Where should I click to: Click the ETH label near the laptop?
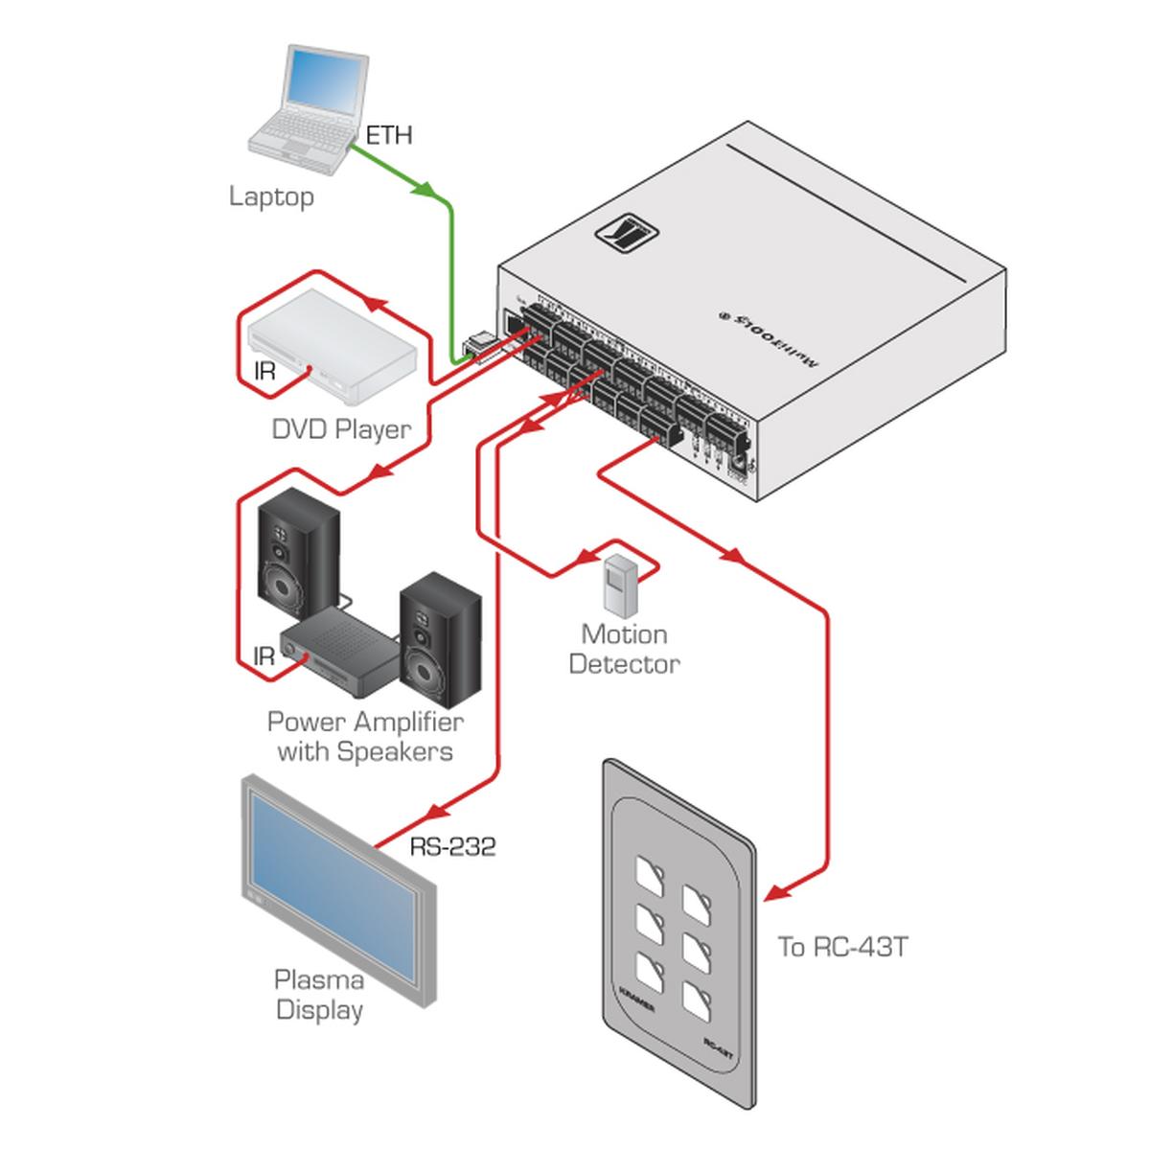pyautogui.click(x=389, y=135)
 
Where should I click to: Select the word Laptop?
pyautogui.click(x=271, y=197)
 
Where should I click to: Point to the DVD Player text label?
pyautogui.click(x=341, y=428)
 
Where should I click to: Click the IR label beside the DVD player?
pyautogui.click(x=264, y=370)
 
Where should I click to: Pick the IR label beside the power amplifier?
pyautogui.click(x=264, y=656)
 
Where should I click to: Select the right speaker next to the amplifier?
pyautogui.click(x=440, y=636)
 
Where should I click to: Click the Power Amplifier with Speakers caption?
pyautogui.click(x=364, y=736)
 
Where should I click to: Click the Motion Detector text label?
pyautogui.click(x=624, y=649)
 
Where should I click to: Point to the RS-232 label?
pyautogui.click(x=452, y=846)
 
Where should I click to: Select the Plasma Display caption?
pyautogui.click(x=319, y=995)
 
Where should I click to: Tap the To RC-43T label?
pyautogui.click(x=842, y=947)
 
